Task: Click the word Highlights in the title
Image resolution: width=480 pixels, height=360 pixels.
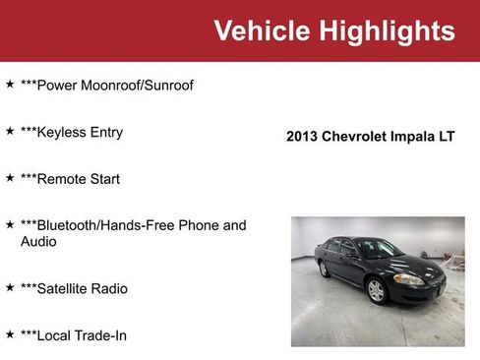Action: pos(387,31)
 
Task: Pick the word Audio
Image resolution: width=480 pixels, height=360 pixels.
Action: pos(38,241)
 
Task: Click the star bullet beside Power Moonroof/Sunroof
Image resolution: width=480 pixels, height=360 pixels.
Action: pos(10,85)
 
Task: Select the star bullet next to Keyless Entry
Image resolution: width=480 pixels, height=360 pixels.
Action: pos(10,131)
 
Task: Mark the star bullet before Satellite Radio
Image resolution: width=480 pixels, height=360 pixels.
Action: pos(10,287)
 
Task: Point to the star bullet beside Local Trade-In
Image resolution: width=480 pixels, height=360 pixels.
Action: pos(10,334)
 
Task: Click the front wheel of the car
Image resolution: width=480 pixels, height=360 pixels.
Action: pos(376,290)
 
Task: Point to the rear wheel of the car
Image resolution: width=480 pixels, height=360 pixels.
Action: pos(325,269)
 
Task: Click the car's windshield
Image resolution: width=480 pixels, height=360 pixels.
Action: pos(378,250)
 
